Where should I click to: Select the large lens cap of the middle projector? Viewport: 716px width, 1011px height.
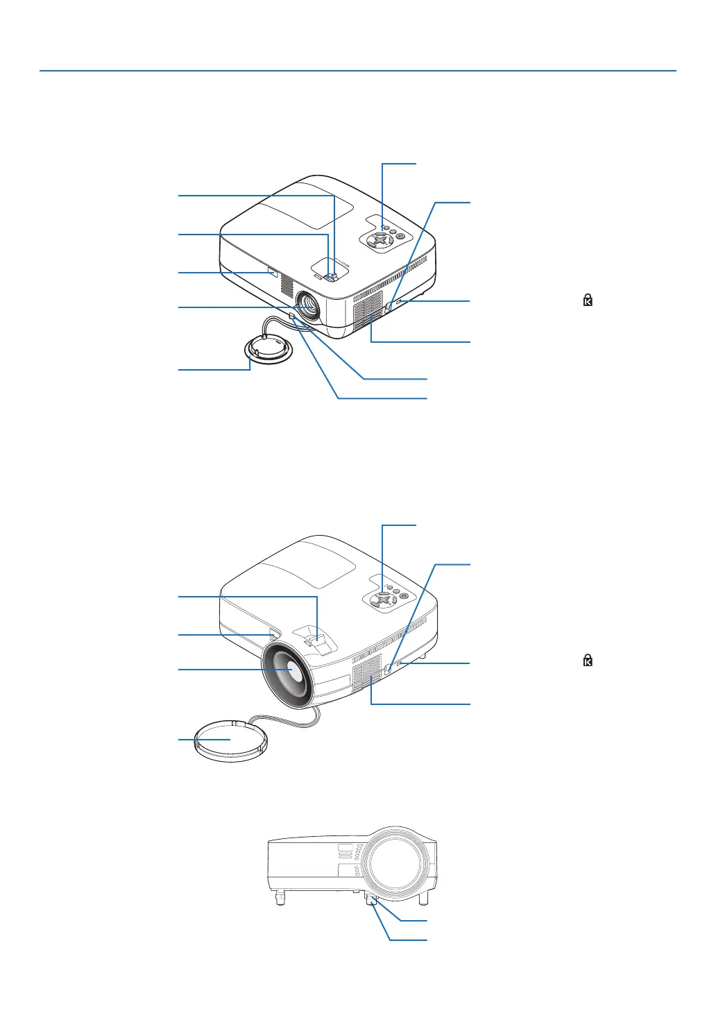tap(230, 741)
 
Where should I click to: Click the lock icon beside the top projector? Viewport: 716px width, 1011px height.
tap(588, 300)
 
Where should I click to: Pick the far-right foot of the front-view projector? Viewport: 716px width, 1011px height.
tap(423, 898)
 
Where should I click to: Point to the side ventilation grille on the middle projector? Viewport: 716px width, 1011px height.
tap(367, 672)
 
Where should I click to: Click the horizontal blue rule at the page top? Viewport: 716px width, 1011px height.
tap(357, 71)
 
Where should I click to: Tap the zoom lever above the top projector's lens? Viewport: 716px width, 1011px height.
tap(332, 275)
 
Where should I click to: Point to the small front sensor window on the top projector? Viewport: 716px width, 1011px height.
tap(271, 272)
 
